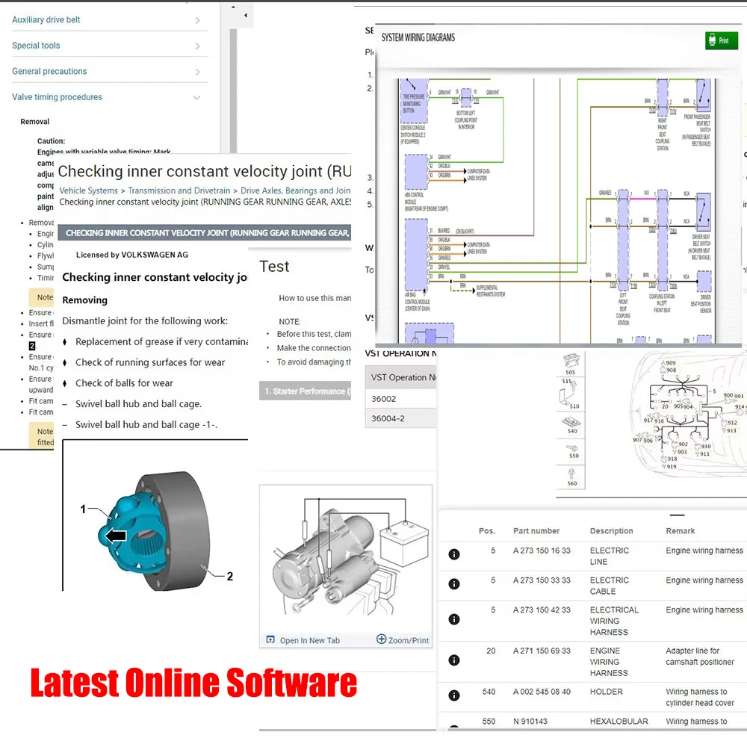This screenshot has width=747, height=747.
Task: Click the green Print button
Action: pyautogui.click(x=721, y=40)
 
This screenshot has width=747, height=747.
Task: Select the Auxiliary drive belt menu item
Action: pyautogui.click(x=46, y=19)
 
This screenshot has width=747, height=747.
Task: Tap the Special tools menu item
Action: pyautogui.click(x=36, y=46)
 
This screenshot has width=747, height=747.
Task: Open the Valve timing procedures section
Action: pyautogui.click(x=57, y=97)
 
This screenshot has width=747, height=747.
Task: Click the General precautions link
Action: pyautogui.click(x=49, y=72)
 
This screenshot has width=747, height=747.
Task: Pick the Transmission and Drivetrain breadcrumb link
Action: pyautogui.click(x=179, y=191)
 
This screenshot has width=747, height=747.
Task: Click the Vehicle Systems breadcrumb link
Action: pyautogui.click(x=88, y=191)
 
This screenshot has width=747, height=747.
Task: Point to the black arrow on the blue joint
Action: pyautogui.click(x=115, y=535)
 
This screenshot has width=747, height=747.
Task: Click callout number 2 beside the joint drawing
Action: pyautogui.click(x=230, y=576)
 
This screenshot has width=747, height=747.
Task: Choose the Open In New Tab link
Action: pyautogui.click(x=309, y=640)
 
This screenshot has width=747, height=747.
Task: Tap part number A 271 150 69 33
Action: pyautogui.click(x=542, y=651)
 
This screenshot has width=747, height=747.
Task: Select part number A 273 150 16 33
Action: pyautogui.click(x=542, y=551)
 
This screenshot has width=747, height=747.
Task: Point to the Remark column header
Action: pyautogui.click(x=681, y=531)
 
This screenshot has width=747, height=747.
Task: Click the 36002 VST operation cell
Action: pyautogui.click(x=384, y=399)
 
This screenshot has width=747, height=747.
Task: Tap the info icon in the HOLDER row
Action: pyautogui.click(x=454, y=695)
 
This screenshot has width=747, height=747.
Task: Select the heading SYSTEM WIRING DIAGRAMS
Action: pyautogui.click(x=418, y=37)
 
